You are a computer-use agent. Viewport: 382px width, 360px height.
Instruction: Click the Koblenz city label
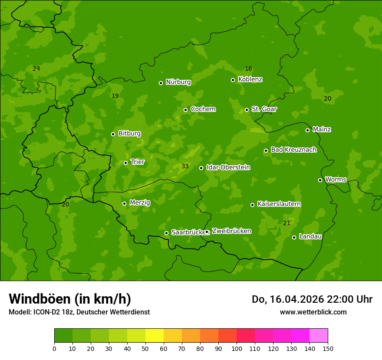(250, 79)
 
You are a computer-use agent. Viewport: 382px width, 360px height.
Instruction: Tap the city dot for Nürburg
(161, 83)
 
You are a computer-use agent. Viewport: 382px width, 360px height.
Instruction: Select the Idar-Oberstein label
(228, 167)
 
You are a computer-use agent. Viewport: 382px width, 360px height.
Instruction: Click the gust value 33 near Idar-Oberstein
(185, 167)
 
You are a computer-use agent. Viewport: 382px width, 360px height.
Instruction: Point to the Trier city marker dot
(125, 163)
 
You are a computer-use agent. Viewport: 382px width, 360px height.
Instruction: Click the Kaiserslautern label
(279, 204)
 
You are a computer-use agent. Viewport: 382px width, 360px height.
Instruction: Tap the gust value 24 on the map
(36, 69)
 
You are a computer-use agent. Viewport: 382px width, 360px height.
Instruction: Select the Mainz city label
(322, 129)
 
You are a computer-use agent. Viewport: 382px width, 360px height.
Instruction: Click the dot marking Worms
(320, 180)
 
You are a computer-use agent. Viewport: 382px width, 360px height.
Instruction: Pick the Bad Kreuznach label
(293, 150)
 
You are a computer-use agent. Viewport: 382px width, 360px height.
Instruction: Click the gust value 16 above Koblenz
(248, 69)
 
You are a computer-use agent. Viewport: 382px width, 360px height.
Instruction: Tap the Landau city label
(310, 236)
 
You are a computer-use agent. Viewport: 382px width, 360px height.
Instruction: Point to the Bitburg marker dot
(113, 134)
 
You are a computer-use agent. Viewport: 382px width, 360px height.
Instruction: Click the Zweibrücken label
(231, 231)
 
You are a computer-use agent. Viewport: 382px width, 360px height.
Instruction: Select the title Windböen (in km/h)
(70, 299)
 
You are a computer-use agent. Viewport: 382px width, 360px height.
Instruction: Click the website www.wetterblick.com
(313, 312)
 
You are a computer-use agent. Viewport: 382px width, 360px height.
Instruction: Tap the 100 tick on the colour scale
(237, 348)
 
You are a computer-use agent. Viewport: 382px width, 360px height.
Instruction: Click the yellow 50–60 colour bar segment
(155, 336)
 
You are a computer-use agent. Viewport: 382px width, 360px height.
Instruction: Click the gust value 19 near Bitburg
(115, 96)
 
